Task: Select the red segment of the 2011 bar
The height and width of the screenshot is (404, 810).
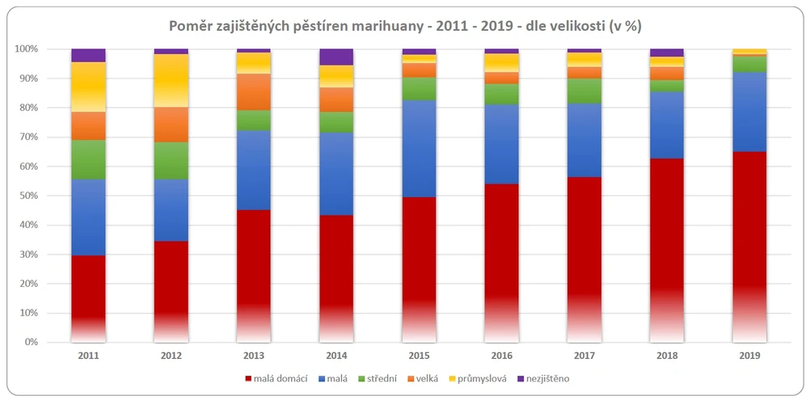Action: [x=88, y=291]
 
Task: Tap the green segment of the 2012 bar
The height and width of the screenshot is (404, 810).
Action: [x=171, y=160]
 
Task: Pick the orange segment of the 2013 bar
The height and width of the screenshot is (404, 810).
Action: [x=254, y=91]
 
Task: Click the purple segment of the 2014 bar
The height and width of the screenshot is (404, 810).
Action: [x=336, y=57]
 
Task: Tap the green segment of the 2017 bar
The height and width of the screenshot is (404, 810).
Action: [x=584, y=91]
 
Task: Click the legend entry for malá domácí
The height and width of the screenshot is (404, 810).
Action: [x=276, y=378]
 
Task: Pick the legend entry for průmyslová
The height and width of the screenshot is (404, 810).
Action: [x=481, y=378]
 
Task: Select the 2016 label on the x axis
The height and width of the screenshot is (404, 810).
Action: [x=502, y=355]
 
